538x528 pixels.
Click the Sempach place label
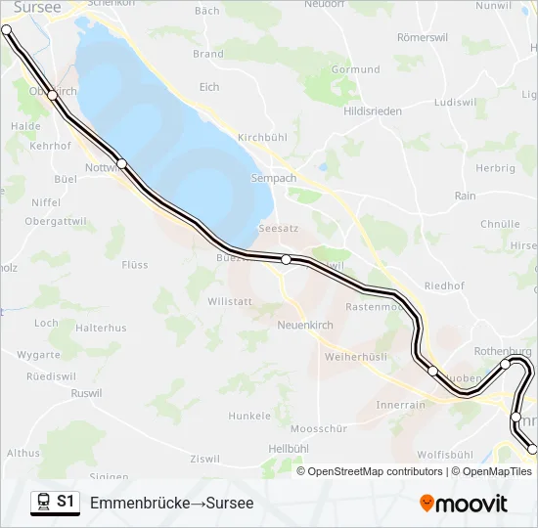[x=274, y=179]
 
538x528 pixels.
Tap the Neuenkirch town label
[x=306, y=325]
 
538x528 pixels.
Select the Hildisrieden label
[x=373, y=111]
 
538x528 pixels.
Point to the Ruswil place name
[x=86, y=394]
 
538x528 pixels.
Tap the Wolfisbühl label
[x=445, y=455]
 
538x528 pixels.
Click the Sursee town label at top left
[x=38, y=7]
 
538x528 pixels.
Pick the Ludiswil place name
[x=456, y=102]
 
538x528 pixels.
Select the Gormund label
[x=356, y=70]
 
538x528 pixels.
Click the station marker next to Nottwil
[x=121, y=163]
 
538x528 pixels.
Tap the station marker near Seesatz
[x=286, y=259]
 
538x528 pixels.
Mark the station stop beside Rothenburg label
[x=506, y=365]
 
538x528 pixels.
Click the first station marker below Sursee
[x=53, y=95]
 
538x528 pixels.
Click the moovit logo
[x=464, y=504]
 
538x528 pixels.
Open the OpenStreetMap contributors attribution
[x=375, y=471]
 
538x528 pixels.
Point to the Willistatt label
[x=231, y=302]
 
